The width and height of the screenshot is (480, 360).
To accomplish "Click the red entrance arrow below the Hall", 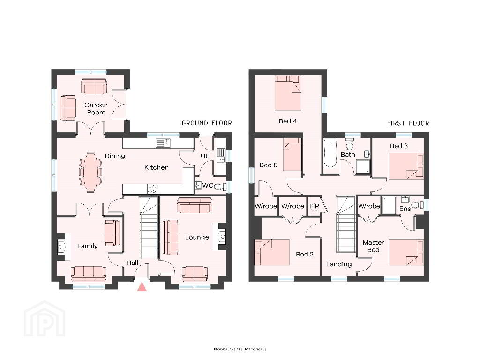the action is click(x=142, y=287).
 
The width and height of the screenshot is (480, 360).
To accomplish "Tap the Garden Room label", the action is click(x=96, y=109).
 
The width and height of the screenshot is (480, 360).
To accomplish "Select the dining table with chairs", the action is click(x=90, y=172).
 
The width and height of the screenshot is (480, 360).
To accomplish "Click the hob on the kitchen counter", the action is click(x=153, y=189).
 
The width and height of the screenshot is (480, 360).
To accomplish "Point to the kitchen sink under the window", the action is click(x=163, y=143).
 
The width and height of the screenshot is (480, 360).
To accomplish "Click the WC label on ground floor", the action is click(x=208, y=186).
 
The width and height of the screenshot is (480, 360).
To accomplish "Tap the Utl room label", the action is click(x=205, y=156).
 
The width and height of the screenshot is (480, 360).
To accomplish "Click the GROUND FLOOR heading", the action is click(x=207, y=123).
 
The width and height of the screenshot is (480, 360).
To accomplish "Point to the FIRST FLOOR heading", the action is click(x=408, y=123).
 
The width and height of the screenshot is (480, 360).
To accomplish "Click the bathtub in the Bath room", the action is click(x=330, y=153).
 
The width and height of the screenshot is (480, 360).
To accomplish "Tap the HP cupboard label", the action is click(x=315, y=206).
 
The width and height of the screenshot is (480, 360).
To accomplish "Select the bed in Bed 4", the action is click(x=288, y=93).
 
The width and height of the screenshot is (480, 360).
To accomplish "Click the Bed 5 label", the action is click(x=268, y=165).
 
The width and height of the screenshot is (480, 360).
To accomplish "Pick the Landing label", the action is click(x=338, y=264).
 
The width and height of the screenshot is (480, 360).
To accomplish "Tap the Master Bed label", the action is click(x=373, y=246).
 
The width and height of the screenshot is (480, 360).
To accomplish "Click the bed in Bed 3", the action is click(x=406, y=166).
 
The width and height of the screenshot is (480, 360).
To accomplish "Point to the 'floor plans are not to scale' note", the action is click(x=240, y=349).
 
